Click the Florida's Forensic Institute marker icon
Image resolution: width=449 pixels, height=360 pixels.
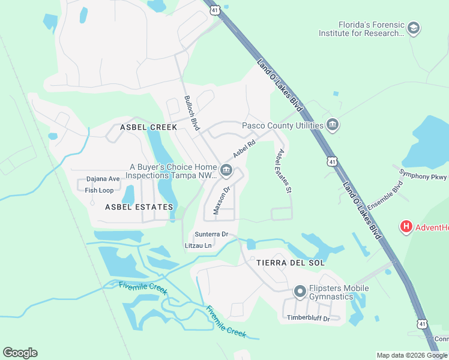pyautogui.click(x=413, y=28)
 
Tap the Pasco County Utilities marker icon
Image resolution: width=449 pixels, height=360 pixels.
pyautogui.click(x=333, y=125)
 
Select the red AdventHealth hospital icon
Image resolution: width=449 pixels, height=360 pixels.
pyautogui.click(x=406, y=227)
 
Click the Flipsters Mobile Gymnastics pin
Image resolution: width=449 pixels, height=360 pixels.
pyautogui.click(x=300, y=292)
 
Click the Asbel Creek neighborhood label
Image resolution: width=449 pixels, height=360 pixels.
pyautogui.click(x=148, y=127)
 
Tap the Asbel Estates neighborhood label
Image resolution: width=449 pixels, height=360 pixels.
pyautogui.click(x=139, y=206)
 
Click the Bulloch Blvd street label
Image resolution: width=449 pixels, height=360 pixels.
pyautogui.click(x=191, y=113)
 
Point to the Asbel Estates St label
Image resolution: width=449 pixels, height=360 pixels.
pyautogui.click(x=283, y=171)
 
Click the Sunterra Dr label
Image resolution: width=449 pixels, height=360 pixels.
pyautogui.click(x=211, y=234)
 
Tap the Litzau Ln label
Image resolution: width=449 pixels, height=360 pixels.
pyautogui.click(x=198, y=245)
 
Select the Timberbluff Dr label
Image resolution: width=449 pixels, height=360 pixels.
pyautogui.click(x=309, y=318)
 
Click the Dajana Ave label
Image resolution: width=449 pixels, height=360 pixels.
pyautogui.click(x=103, y=179)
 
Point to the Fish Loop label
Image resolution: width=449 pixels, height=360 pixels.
pyautogui.click(x=99, y=190)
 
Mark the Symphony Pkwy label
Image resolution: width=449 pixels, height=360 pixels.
pyautogui.click(x=423, y=176)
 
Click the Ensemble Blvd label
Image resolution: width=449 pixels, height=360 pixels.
pyautogui.click(x=384, y=196)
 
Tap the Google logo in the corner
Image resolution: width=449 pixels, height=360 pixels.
pyautogui.click(x=20, y=353)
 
